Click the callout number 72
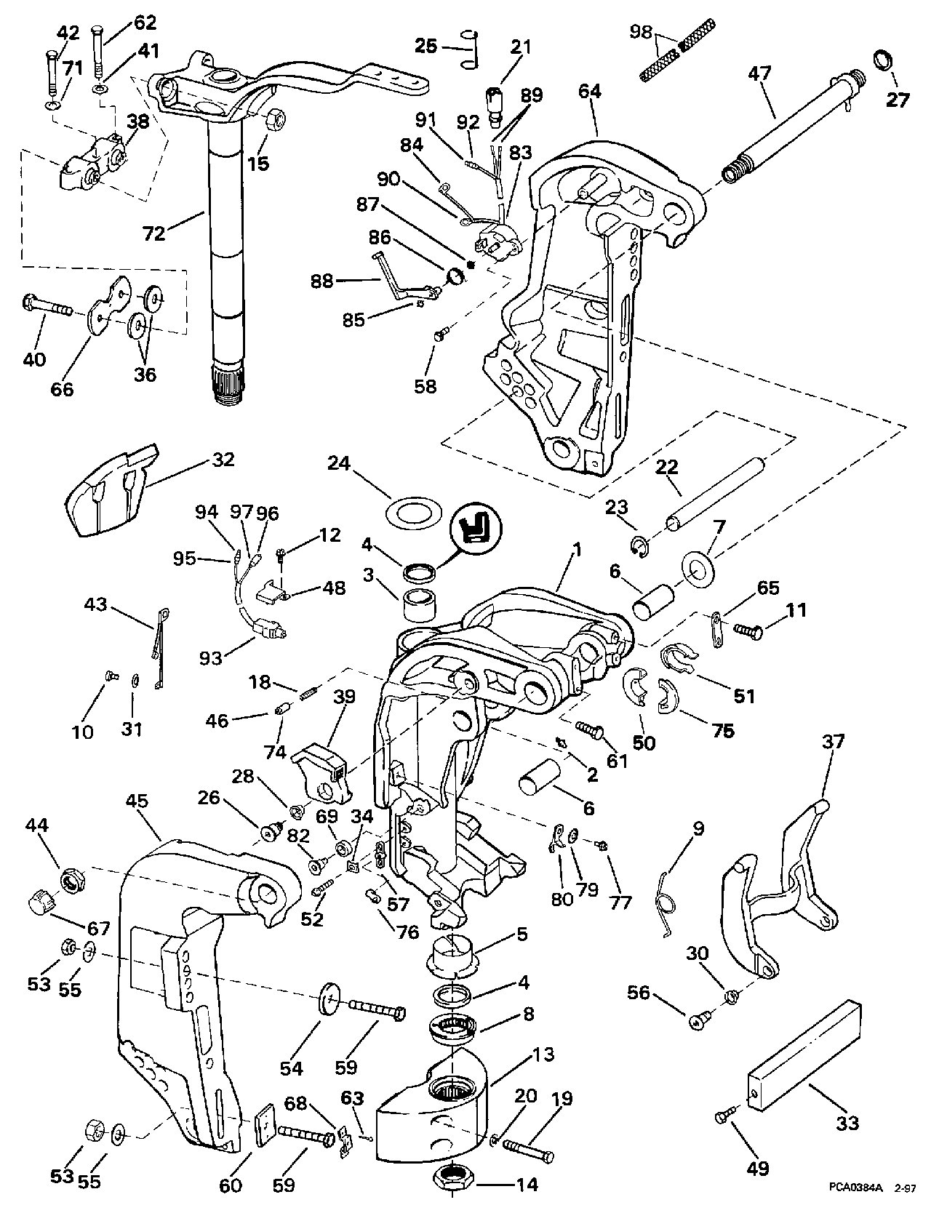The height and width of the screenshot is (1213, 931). pyautogui.click(x=154, y=233)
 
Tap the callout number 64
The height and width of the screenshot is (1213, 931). pyautogui.click(x=590, y=92)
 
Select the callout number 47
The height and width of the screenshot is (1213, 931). pyautogui.click(x=760, y=73)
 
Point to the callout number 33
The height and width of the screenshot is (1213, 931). pyautogui.click(x=847, y=1124)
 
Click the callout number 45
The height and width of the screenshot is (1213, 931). pyautogui.click(x=137, y=801)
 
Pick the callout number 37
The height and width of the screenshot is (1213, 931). pyautogui.click(x=834, y=742)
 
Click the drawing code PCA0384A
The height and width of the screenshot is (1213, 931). pyautogui.click(x=854, y=1187)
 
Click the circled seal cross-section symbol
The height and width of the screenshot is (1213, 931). pyautogui.click(x=479, y=524)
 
